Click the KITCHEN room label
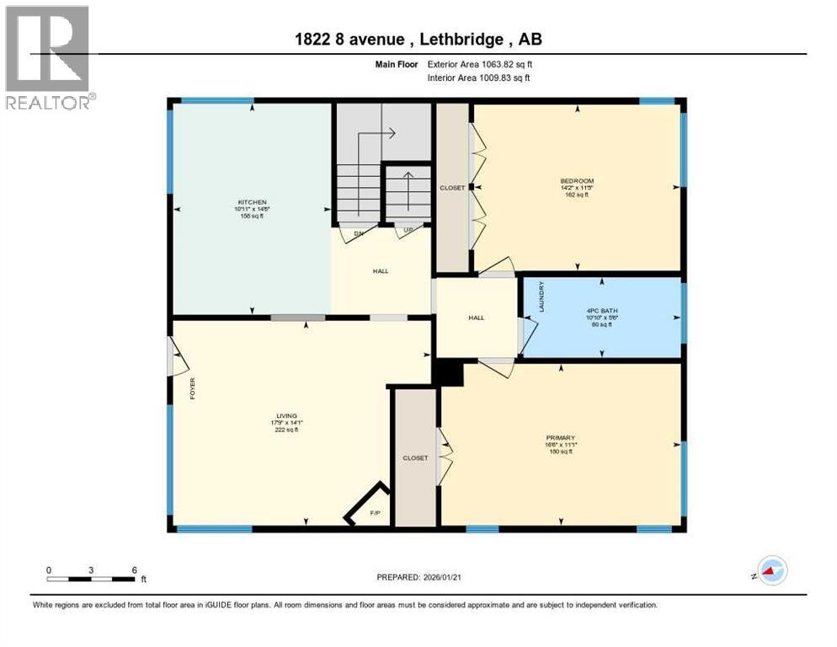252,202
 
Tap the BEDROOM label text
578,181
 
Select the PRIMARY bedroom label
560,437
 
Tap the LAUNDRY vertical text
541,297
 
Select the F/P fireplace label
376,511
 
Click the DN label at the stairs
359,234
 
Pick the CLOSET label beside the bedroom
452,188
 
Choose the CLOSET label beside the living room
415,457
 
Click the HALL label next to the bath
477,318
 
